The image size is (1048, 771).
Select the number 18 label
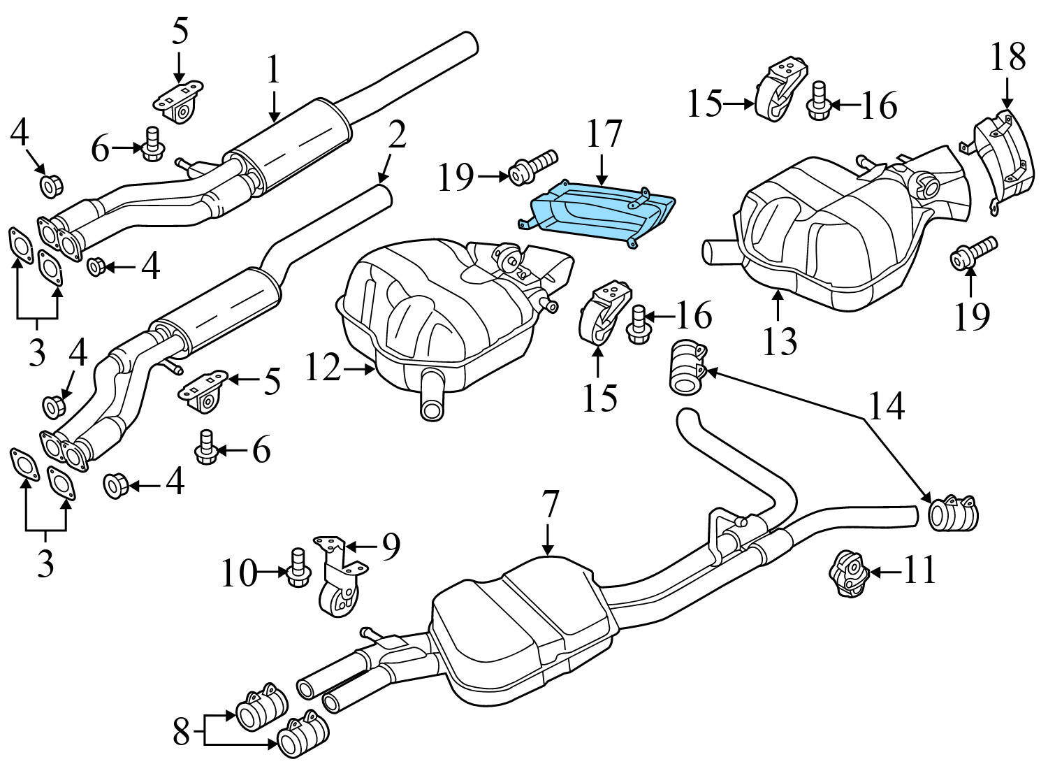coord(1007,57)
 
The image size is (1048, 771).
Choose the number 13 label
coord(780,341)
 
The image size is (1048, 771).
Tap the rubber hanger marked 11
coord(847,574)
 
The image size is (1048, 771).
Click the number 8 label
coord(181,733)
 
